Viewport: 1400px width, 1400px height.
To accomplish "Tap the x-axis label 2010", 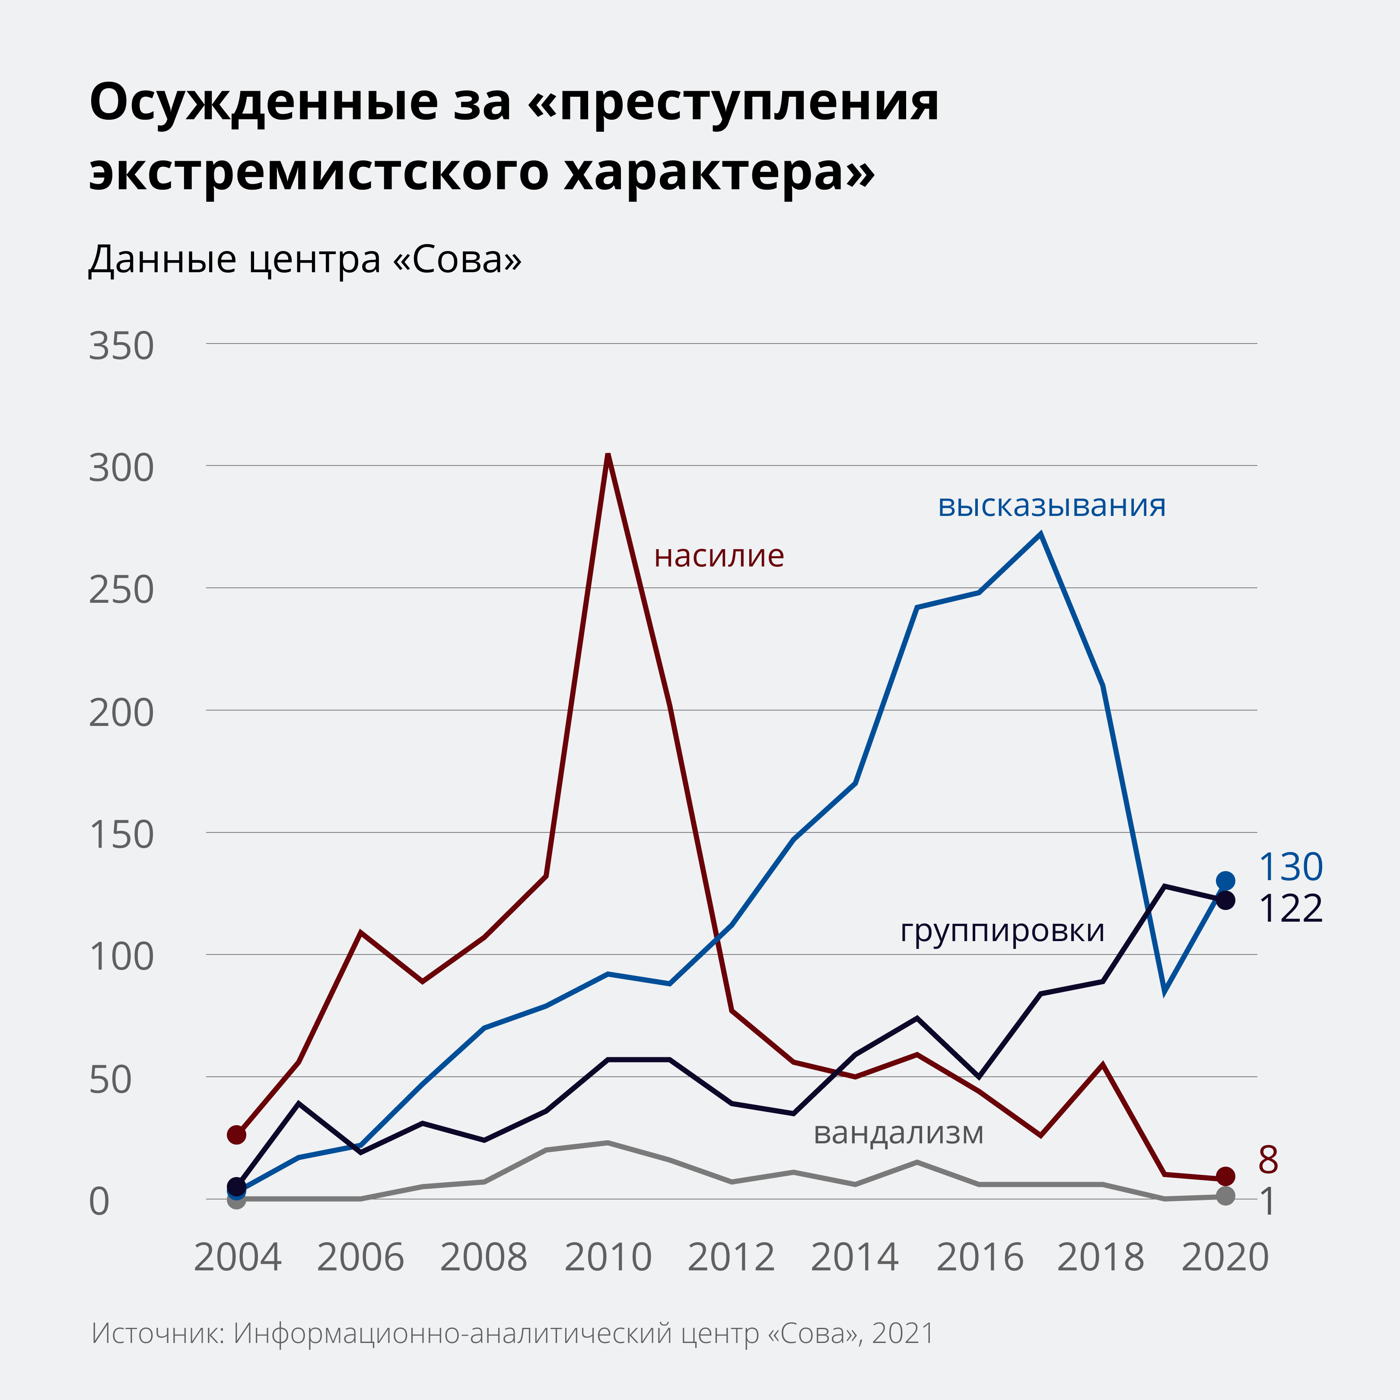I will pos(608,1257).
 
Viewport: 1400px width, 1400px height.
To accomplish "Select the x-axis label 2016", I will pos(980,1257).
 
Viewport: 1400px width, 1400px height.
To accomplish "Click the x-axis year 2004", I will pos(237,1257).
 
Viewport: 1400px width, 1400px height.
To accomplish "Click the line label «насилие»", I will pos(719,556).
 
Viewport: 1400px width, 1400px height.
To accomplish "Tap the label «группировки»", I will pos(1002,930).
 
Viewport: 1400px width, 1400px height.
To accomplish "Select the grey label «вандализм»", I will pos(899,1133).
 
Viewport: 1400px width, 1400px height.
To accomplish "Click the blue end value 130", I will pos(1291,867).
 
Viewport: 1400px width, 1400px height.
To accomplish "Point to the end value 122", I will pos(1291,909).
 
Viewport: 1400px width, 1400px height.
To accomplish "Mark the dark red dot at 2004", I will pos(237,1135).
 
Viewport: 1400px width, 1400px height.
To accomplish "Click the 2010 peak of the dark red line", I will pos(608,455).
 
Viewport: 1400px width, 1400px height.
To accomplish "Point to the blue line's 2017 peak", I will pos(1040,535).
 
